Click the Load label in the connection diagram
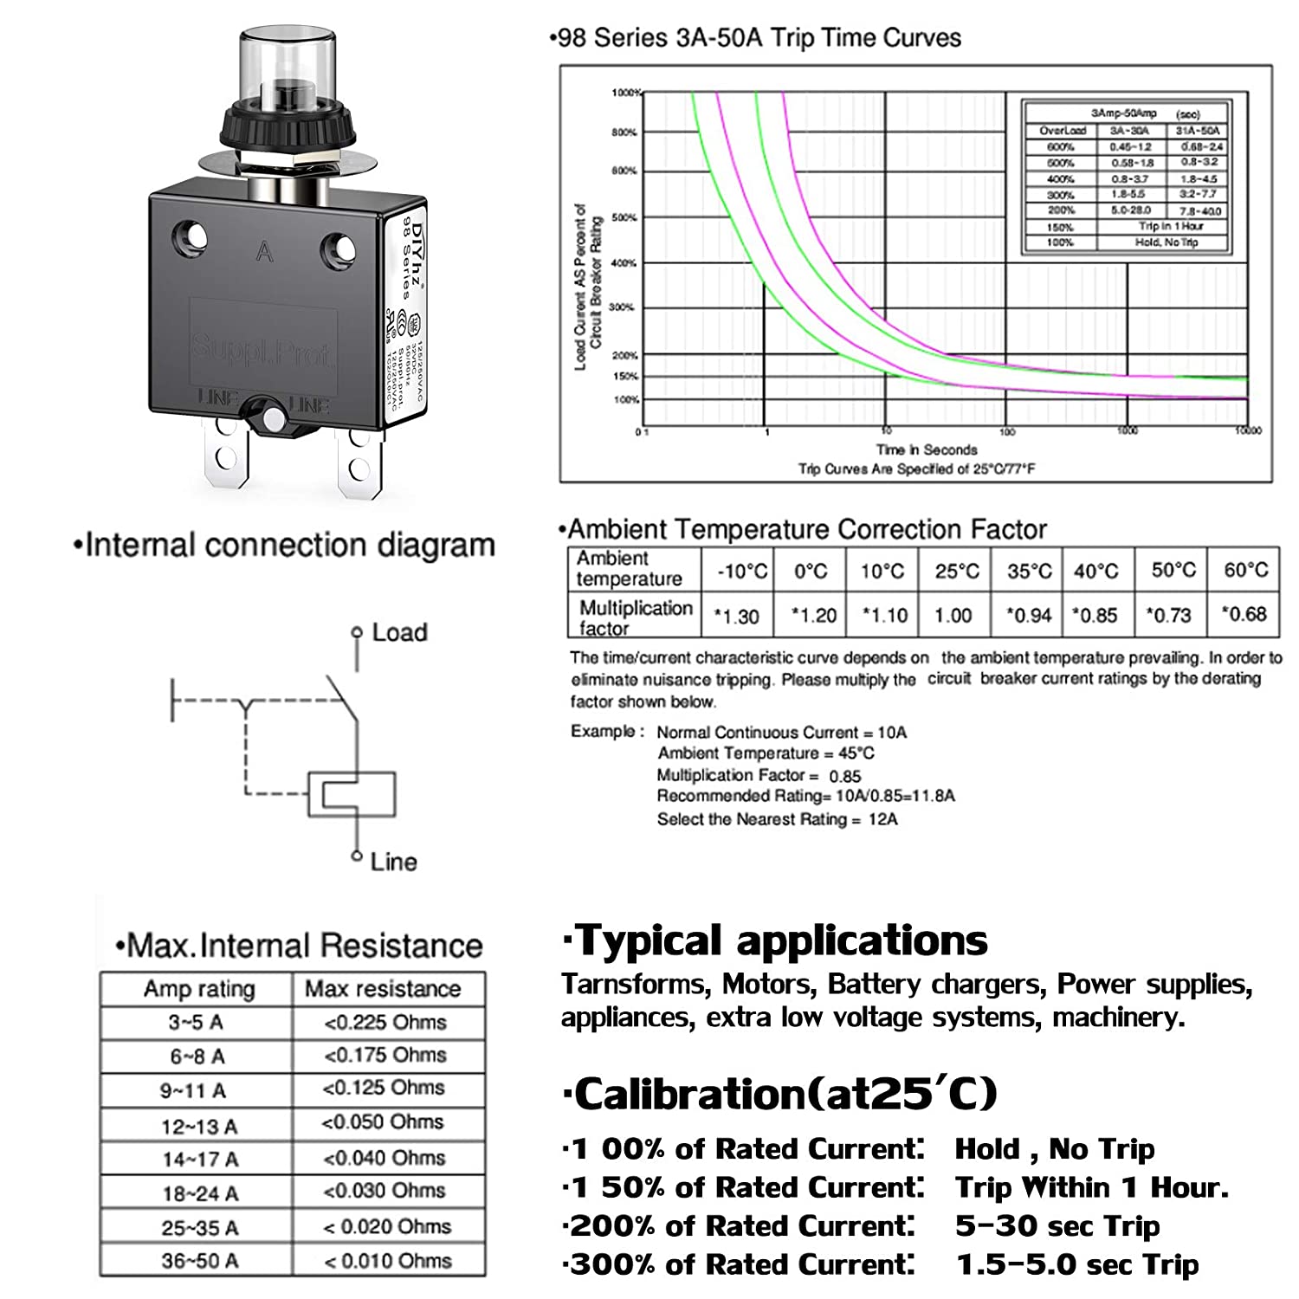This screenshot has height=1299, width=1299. click(399, 632)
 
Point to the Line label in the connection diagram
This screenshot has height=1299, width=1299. click(393, 862)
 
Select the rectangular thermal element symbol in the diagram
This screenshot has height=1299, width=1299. click(352, 793)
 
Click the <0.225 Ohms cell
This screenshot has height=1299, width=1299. click(385, 1023)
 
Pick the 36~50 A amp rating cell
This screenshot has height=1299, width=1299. click(198, 1261)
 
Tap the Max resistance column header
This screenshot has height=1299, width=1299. click(383, 989)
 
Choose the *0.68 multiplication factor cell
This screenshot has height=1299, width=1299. click(1244, 614)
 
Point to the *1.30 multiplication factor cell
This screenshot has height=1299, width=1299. click(736, 616)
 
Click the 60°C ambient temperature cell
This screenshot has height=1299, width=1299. click(1245, 570)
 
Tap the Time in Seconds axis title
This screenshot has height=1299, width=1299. click(926, 449)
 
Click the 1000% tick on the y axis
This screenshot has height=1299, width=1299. click(625, 93)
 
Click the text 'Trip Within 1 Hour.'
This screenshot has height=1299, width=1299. click(1091, 1187)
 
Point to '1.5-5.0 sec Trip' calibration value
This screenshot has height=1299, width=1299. click(1077, 1264)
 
